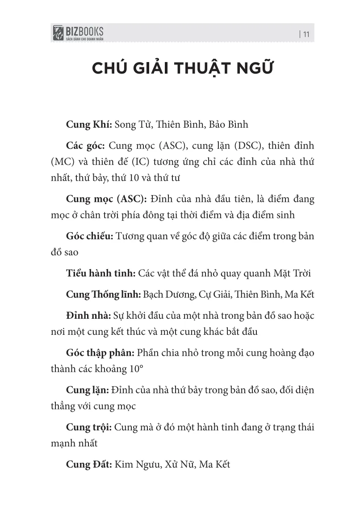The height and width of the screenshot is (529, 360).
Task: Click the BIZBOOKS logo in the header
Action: point(78,33)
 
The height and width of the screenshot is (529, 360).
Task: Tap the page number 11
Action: point(307,33)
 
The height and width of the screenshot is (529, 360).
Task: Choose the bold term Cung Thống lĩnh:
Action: point(103,295)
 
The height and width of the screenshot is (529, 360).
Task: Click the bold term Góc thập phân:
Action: point(100,354)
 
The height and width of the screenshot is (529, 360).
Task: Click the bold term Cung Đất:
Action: point(88,465)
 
